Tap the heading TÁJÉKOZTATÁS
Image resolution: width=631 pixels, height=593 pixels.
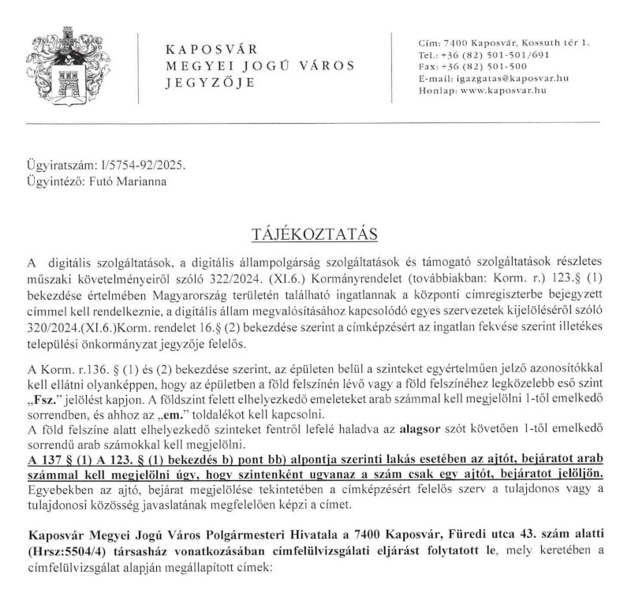314,234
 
